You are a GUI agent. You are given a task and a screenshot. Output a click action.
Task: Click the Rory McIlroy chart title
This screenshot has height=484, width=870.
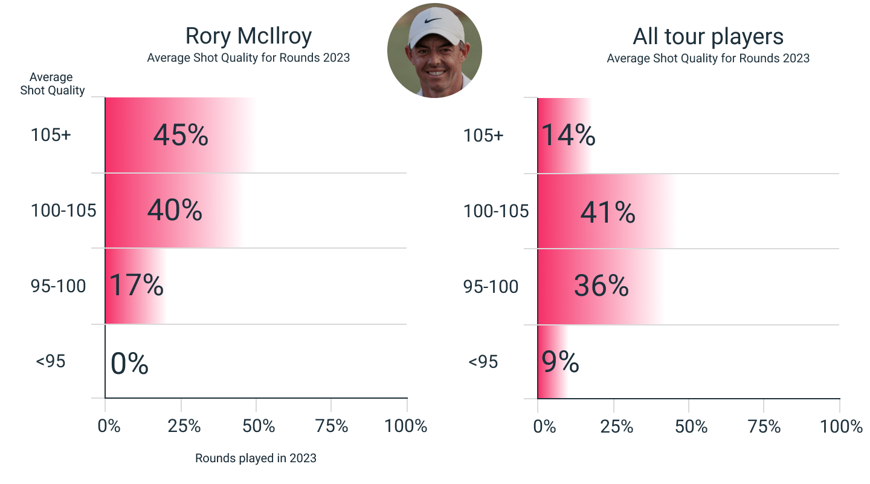coord(248,36)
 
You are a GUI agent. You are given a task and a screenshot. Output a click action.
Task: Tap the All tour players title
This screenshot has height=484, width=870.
coord(708,37)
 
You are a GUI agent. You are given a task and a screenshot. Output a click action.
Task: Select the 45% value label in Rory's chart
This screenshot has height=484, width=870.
coord(181,136)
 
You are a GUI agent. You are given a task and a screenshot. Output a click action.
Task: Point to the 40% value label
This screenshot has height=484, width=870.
coord(175,210)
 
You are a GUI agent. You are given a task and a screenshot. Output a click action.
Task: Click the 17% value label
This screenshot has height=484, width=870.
coord(136,286)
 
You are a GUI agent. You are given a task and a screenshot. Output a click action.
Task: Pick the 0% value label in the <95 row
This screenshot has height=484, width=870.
coord(129,364)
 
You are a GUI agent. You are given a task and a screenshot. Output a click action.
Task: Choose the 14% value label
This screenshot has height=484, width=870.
coord(568,136)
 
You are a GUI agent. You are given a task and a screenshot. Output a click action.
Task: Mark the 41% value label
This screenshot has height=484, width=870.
coord(608,212)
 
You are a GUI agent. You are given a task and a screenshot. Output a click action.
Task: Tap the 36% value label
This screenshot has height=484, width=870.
coord(601,286)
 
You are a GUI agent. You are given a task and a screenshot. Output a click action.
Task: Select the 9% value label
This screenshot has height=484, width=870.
coord(560,362)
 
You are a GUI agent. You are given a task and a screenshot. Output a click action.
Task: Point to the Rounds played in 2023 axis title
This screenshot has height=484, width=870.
coord(256,458)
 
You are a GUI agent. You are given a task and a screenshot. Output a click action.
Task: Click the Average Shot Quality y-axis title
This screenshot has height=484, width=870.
coord(52,84)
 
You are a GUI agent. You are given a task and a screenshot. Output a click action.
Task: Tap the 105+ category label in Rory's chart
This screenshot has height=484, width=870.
coord(51,135)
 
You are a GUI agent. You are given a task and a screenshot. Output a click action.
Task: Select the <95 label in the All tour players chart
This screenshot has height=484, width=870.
coord(483,362)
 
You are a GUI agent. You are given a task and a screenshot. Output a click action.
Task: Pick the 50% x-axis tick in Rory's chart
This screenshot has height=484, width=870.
coord(259,426)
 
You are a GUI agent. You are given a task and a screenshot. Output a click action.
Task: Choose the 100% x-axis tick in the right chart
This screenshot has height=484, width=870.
coord(841,427)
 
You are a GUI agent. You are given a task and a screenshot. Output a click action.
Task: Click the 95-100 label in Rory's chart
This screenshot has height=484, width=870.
coord(58,286)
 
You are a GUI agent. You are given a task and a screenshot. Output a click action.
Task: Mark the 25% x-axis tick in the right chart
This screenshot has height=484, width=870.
coord(616,427)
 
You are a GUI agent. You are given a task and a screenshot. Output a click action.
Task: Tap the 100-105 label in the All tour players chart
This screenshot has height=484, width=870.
coord(496,211)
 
